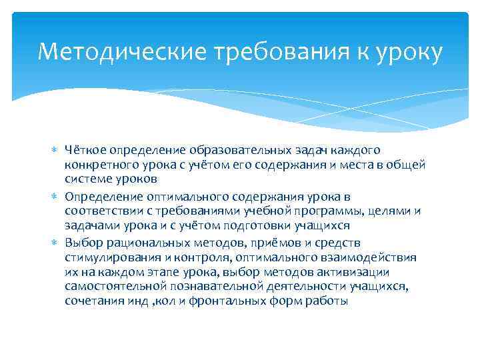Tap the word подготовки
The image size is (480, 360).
253,226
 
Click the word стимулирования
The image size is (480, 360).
106,257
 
